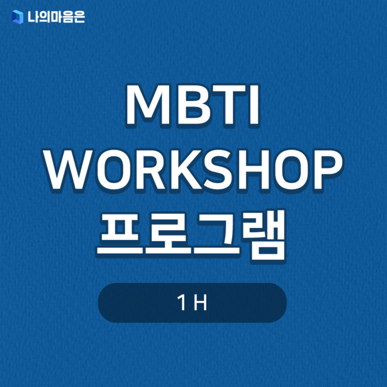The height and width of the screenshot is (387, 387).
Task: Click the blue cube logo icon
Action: tap(18, 18)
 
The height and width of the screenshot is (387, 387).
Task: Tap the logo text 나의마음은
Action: tap(55, 18)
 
